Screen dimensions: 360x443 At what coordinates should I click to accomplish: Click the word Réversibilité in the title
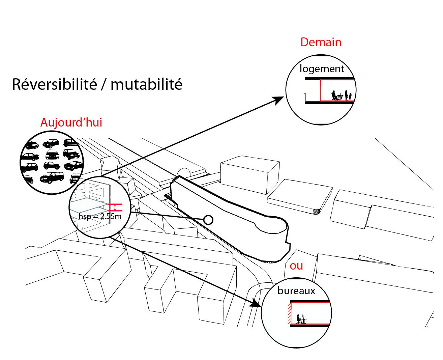[x=54, y=84]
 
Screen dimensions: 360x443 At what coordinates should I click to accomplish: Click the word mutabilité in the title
[x=146, y=84]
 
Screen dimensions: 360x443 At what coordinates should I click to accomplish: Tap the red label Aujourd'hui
[x=71, y=122]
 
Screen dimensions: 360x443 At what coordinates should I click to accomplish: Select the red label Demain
[x=321, y=42]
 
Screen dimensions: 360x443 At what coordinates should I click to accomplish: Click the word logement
[x=322, y=69]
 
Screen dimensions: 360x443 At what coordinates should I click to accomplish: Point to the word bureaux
[x=296, y=291]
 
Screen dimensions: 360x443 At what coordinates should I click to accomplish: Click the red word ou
[x=296, y=266]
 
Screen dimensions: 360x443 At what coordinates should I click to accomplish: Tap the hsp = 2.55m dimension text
[x=99, y=216]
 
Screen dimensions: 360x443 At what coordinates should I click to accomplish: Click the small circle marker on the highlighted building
[x=209, y=220]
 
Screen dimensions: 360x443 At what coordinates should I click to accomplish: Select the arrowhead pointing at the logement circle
[x=279, y=100]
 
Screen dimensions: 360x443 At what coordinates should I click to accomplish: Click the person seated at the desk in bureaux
[x=299, y=319]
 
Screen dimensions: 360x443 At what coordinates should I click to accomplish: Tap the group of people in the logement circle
[x=341, y=95]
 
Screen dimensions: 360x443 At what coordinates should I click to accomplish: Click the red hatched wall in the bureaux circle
[x=289, y=314]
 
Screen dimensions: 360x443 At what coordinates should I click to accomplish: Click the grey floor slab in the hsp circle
[x=87, y=205]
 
